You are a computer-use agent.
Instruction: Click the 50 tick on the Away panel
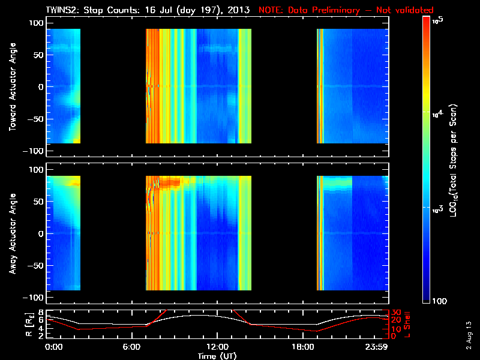pyautogui.click(x=38, y=202)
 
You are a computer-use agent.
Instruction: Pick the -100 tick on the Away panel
pyautogui.click(x=34, y=298)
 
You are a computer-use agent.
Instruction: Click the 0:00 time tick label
pyautogui.click(x=53, y=347)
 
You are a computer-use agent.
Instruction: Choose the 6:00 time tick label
pyautogui.click(x=135, y=347)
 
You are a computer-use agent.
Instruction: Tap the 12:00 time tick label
pyautogui.click(x=217, y=347)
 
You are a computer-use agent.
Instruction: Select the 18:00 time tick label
pyautogui.click(x=298, y=347)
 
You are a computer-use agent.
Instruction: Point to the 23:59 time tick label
pyautogui.click(x=377, y=347)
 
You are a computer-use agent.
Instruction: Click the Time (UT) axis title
pyautogui.click(x=218, y=356)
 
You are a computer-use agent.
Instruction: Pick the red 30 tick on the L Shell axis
pyautogui.click(x=396, y=313)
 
